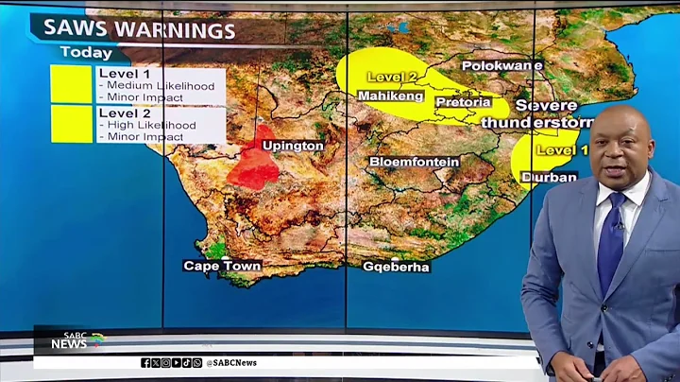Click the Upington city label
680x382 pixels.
click(292, 147)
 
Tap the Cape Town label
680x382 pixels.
click(222, 267)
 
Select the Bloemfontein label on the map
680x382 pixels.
click(414, 162)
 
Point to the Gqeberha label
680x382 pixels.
click(396, 267)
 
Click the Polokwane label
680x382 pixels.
click(501, 66)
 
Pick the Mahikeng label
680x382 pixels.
click(390, 95)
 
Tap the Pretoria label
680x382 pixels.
click(463, 101)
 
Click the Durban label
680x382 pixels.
click(548, 177)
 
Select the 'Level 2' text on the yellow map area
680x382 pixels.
click(389, 76)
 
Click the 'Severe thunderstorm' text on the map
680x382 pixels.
click(536, 114)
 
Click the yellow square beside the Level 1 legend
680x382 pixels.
click(71, 84)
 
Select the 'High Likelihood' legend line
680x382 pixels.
click(149, 125)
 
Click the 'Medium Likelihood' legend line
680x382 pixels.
click(157, 86)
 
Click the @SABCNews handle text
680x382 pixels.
click(232, 362)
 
